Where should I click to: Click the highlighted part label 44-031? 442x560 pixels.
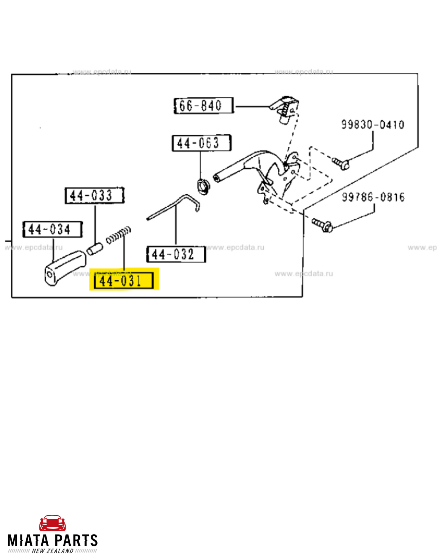coord(124,280)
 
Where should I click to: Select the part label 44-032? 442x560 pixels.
coord(176,254)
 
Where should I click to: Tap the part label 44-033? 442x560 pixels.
coord(95,196)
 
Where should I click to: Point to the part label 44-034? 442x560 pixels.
coord(53,229)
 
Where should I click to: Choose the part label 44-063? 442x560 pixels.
coord(201,143)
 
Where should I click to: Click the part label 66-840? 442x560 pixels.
coord(203,106)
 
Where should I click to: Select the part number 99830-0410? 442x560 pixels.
coord(373,125)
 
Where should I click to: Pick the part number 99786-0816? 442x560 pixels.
coord(373,197)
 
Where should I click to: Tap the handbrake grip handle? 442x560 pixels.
coord(64,267)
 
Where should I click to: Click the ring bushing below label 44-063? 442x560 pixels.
coord(203,186)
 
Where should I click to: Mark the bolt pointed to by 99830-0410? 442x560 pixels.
coord(340,163)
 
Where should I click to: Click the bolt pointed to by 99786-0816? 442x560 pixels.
coord(322,225)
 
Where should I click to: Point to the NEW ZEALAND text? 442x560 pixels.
coord(53,551)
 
